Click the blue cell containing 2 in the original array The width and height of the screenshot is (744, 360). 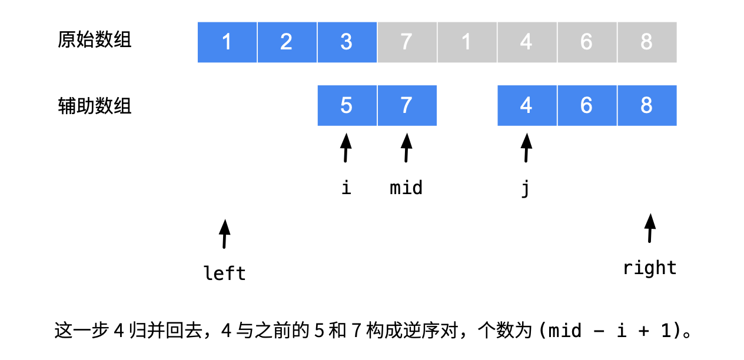click(x=287, y=42)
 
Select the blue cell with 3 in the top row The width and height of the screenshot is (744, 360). click(x=347, y=42)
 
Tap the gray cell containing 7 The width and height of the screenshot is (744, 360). click(x=407, y=42)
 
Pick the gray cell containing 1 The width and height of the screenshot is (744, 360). click(x=467, y=42)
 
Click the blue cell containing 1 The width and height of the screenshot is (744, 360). click(x=227, y=42)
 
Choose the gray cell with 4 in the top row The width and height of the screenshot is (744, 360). click(x=527, y=42)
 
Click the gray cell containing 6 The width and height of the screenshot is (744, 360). click(x=587, y=42)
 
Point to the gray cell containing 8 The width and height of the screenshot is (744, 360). click(x=647, y=42)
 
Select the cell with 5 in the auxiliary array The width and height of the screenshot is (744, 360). click(x=347, y=105)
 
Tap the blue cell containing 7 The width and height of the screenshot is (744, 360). click(x=407, y=105)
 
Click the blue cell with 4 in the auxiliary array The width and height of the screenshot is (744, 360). click(x=527, y=105)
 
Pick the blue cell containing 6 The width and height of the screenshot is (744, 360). click(x=587, y=105)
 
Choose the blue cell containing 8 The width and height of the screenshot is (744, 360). click(x=647, y=105)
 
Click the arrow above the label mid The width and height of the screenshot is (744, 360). click(x=406, y=148)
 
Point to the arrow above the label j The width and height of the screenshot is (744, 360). click(x=526, y=148)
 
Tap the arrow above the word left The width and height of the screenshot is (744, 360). click(x=224, y=234)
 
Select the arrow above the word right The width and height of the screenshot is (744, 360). click(x=650, y=228)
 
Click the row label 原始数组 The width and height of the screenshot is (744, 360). click(x=95, y=40)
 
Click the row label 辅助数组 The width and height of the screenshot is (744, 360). click(x=95, y=106)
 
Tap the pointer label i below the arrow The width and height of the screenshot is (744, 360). click(x=346, y=188)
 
